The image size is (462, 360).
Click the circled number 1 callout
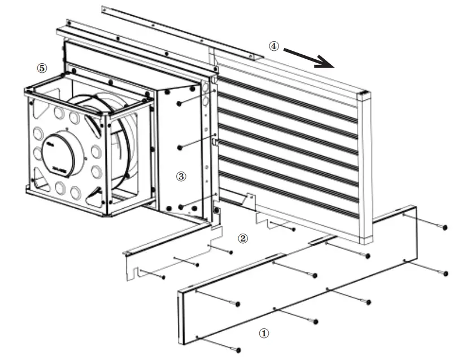(264, 333)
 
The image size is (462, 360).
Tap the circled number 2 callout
(243, 238)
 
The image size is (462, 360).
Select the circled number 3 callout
(181, 176)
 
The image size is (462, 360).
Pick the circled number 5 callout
(42, 68)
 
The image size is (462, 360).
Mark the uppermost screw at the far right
(445, 227)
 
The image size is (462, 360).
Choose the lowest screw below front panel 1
(238, 350)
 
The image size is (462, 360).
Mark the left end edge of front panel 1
(181, 316)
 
